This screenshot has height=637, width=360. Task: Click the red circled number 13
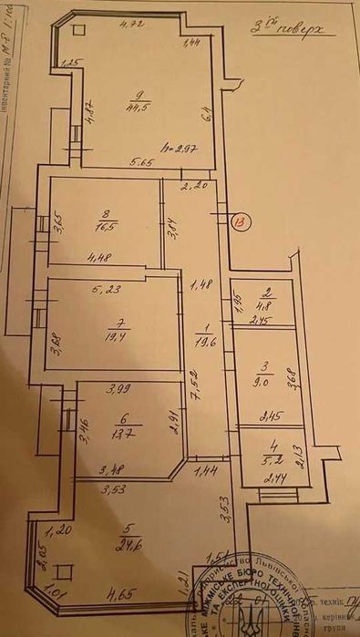click(x=240, y=221)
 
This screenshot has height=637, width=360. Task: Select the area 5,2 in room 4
click(x=267, y=458)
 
